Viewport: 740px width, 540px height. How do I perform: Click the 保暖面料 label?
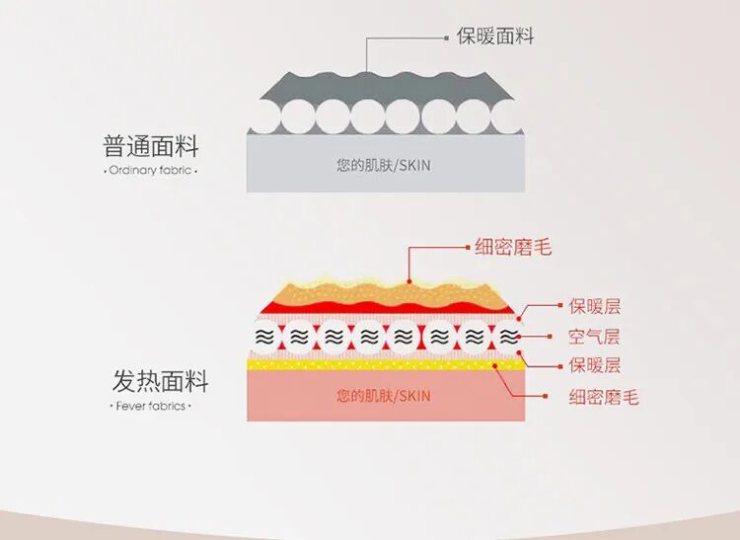[x=494, y=37]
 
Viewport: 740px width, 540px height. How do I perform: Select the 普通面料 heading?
[x=151, y=148]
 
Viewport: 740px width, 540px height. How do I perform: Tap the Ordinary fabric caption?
[x=150, y=171]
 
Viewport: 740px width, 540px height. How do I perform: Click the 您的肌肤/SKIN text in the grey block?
[x=383, y=166]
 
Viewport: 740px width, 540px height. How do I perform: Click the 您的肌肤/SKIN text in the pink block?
[x=383, y=396]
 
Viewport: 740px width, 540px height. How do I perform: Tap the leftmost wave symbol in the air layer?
[x=265, y=337]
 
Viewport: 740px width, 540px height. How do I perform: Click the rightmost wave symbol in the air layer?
[x=507, y=337]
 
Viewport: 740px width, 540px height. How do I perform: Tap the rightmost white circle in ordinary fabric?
[x=508, y=118]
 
